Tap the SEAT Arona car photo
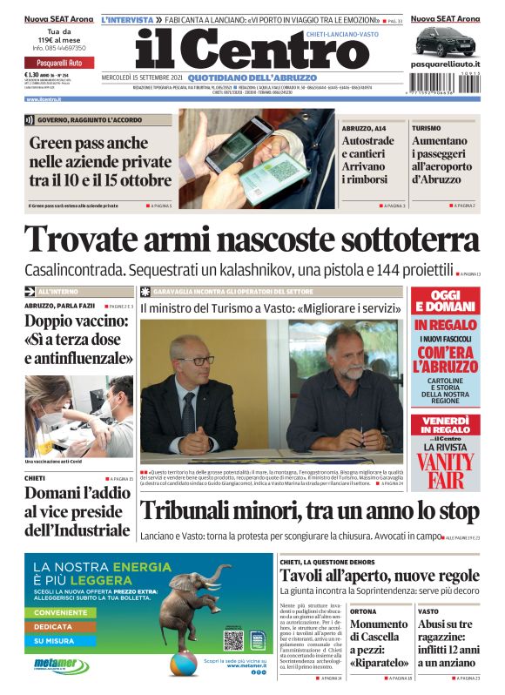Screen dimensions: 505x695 tap(445, 41)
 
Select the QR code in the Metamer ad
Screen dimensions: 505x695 tap(232, 640)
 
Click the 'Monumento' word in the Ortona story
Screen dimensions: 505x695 tap(379, 624)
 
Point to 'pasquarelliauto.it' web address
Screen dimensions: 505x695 tap(445, 65)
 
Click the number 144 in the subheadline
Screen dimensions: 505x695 tap(367, 268)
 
